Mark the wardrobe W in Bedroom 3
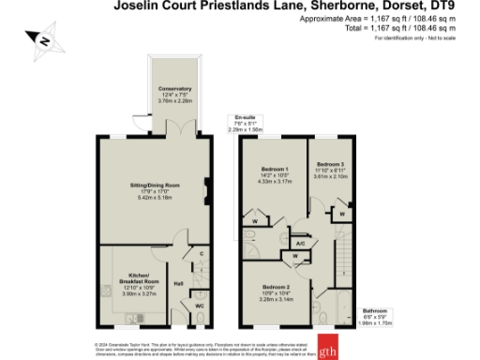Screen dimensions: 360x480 pos(344,213)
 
